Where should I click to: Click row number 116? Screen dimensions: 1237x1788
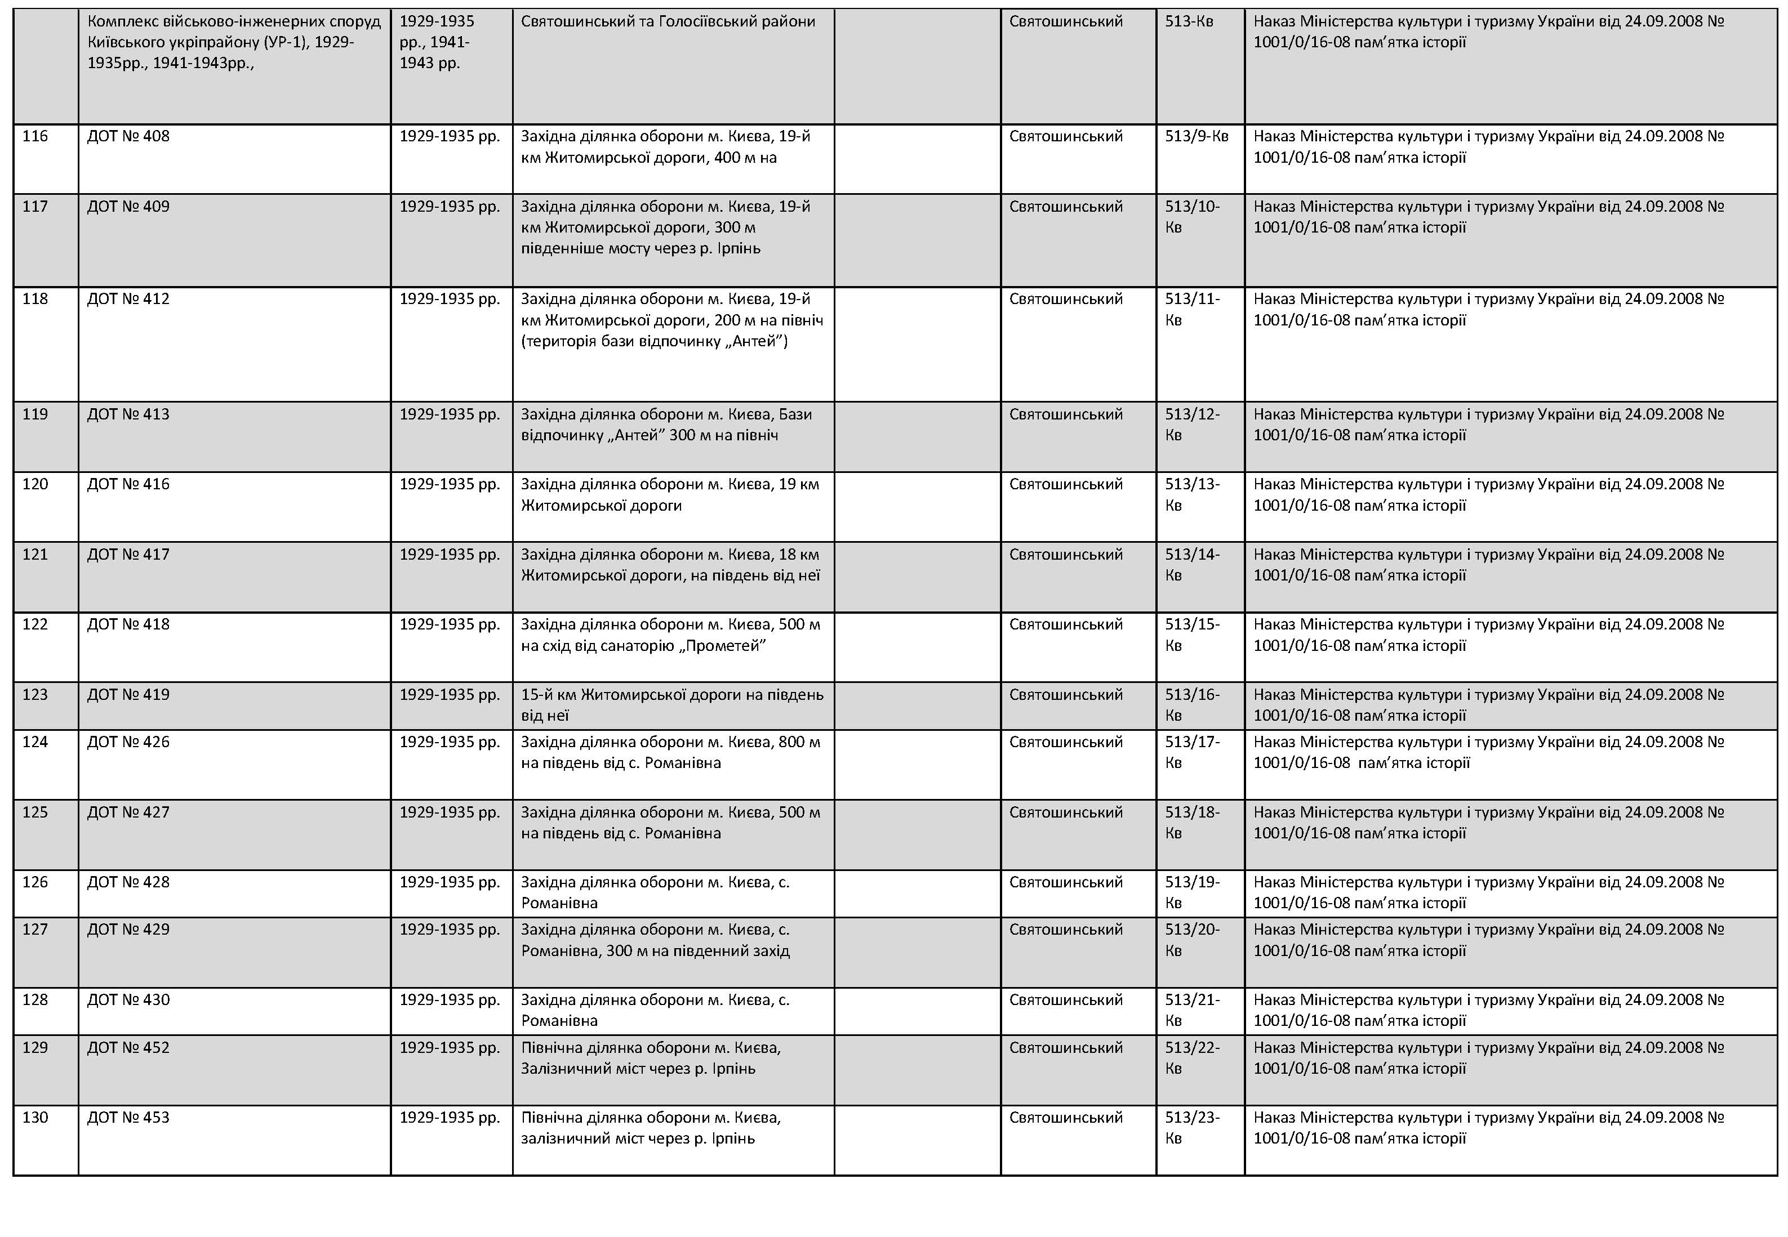(35, 136)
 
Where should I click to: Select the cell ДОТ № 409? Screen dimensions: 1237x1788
(128, 207)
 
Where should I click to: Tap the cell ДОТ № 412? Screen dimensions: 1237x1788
(128, 299)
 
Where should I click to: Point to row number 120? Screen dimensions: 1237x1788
(35, 484)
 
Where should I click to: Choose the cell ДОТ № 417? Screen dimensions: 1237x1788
(128, 555)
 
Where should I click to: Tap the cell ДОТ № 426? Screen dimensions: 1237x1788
(128, 743)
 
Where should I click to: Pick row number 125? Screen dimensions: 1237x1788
(35, 812)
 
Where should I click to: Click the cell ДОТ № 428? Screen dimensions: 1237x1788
(128, 882)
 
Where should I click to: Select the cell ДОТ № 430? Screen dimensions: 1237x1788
(128, 1000)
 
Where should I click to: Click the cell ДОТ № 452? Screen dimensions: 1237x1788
(128, 1048)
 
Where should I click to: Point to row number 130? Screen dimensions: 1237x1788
(35, 1118)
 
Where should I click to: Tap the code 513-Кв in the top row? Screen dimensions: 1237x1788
(1189, 22)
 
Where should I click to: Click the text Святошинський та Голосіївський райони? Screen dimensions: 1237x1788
(668, 22)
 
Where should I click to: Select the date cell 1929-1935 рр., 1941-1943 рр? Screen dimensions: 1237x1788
(437, 43)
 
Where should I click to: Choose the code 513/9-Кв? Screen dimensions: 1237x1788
(1197, 136)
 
